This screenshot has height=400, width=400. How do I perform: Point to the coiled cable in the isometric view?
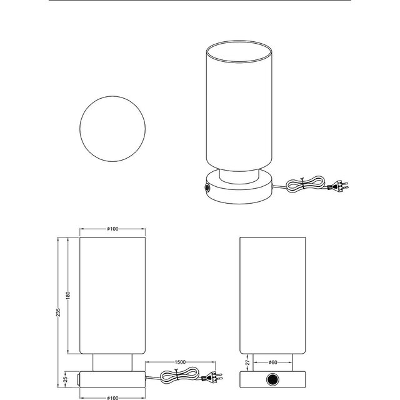click(x=306, y=184)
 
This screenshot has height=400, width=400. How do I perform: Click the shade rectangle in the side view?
click(x=272, y=294)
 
